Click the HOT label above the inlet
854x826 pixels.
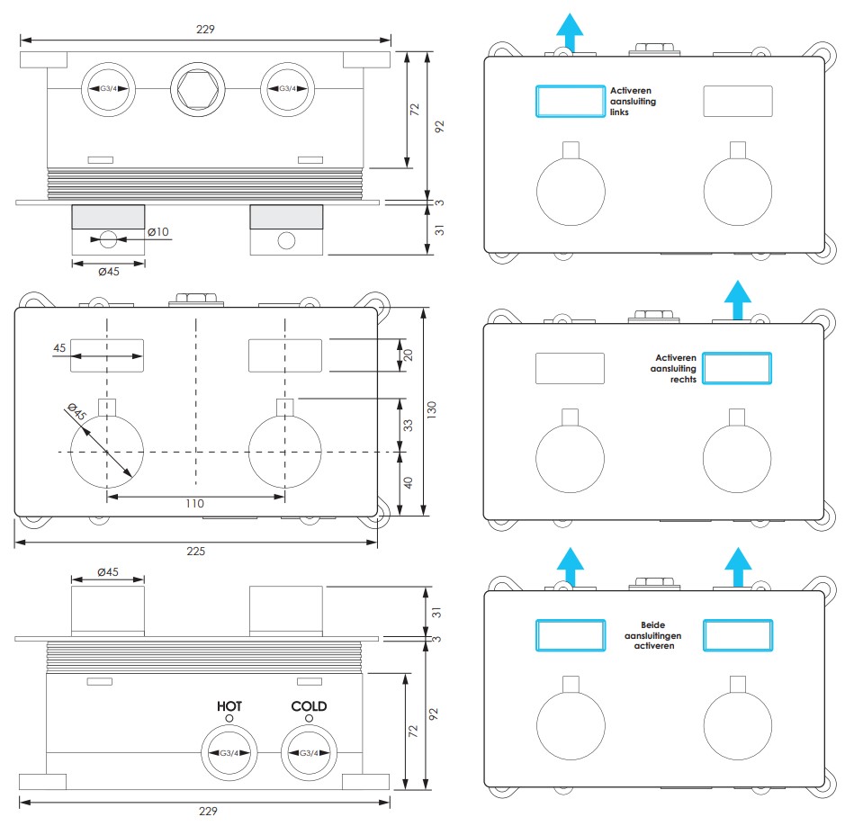coord(229,706)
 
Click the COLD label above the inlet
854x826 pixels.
coord(309,706)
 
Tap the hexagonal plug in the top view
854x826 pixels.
coord(198,89)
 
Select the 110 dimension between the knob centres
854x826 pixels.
coord(195,504)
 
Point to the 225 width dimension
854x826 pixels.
coord(196,551)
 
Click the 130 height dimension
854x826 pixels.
coord(432,409)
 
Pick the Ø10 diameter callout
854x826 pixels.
coord(158,232)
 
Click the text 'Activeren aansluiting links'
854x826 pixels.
coord(633,102)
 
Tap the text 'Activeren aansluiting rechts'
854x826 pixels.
coord(673,369)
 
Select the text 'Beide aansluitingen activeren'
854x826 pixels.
coord(653,635)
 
